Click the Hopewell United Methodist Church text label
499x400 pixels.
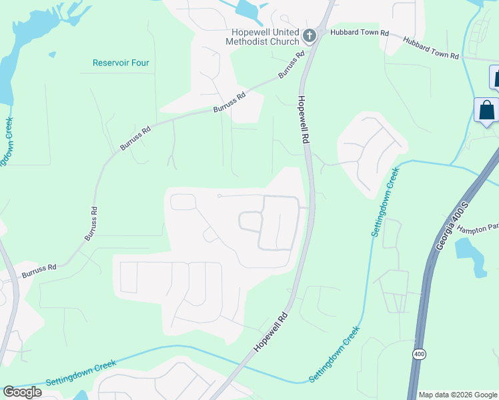tap(266, 37)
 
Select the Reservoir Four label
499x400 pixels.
tap(121, 63)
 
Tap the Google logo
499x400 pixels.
tap(22, 392)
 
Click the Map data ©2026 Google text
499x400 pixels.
tap(458, 395)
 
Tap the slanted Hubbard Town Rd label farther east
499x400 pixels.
tap(431, 49)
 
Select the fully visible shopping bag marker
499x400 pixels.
tap(486, 109)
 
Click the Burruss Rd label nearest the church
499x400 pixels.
tap(292, 64)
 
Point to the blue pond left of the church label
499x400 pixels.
tap(247, 9)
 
